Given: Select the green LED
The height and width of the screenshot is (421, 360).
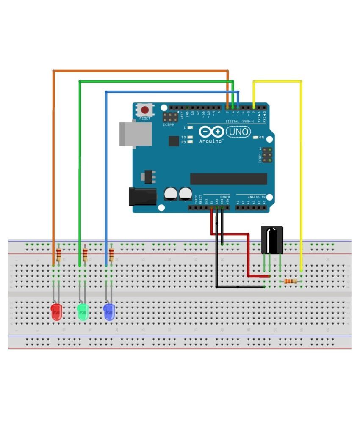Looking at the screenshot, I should (x=83, y=312).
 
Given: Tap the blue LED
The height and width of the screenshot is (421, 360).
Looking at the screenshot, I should (x=109, y=312).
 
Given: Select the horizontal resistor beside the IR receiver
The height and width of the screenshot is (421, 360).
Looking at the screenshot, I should (x=290, y=281).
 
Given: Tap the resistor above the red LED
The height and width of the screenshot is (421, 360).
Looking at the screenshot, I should (x=58, y=255).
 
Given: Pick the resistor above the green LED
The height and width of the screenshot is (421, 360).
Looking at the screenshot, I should (x=85, y=255).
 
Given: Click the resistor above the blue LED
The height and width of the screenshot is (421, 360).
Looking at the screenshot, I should (x=111, y=255).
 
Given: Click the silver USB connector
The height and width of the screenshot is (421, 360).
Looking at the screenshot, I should (x=135, y=134).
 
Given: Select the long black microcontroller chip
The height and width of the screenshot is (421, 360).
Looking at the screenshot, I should (x=228, y=179).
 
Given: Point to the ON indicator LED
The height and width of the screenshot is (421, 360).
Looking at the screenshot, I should (x=255, y=138).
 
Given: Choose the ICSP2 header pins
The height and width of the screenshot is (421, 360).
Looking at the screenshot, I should (x=170, y=117).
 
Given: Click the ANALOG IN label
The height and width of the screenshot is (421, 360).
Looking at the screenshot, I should (x=257, y=197).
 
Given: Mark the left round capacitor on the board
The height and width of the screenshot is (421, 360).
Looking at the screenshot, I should (x=170, y=194).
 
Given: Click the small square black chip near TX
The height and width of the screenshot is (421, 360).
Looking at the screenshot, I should (x=174, y=141).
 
